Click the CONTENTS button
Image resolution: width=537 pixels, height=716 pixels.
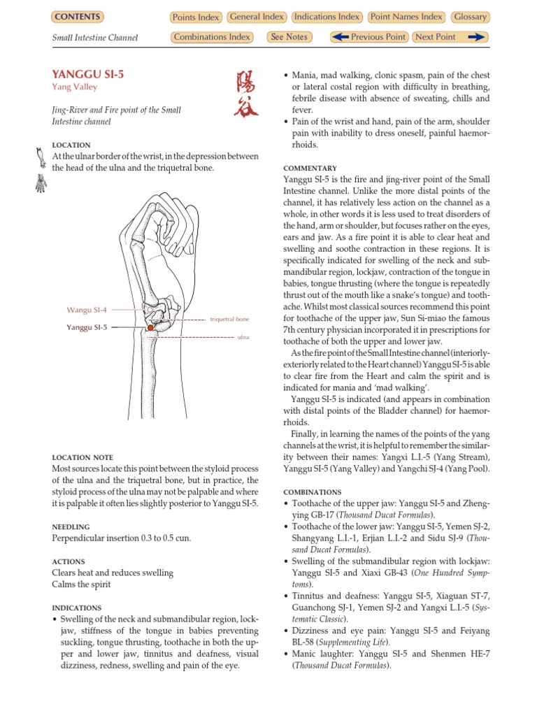click(x=77, y=17)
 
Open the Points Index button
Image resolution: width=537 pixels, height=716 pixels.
click(x=196, y=17)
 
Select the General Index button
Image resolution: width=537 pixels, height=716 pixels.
click(x=256, y=17)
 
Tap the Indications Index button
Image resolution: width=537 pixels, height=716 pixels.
click(x=327, y=17)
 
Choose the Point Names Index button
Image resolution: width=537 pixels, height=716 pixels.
click(x=407, y=17)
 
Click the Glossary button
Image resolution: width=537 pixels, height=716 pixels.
click(x=470, y=17)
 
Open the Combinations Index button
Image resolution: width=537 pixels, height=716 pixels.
click(x=212, y=37)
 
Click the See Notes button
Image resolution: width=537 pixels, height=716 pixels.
click(x=289, y=37)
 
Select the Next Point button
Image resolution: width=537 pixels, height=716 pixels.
click(x=449, y=37)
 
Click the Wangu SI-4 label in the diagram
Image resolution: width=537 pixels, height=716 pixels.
click(x=87, y=309)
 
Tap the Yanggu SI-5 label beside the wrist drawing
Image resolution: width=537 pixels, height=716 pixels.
click(x=87, y=327)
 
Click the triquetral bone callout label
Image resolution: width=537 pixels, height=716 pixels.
click(x=229, y=319)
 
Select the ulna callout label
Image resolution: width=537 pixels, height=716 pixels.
click(x=243, y=337)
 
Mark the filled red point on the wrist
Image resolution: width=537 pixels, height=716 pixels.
click(x=150, y=327)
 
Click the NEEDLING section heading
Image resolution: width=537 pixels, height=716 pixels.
click(x=71, y=527)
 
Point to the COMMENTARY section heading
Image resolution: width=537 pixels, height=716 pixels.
click(x=310, y=169)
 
